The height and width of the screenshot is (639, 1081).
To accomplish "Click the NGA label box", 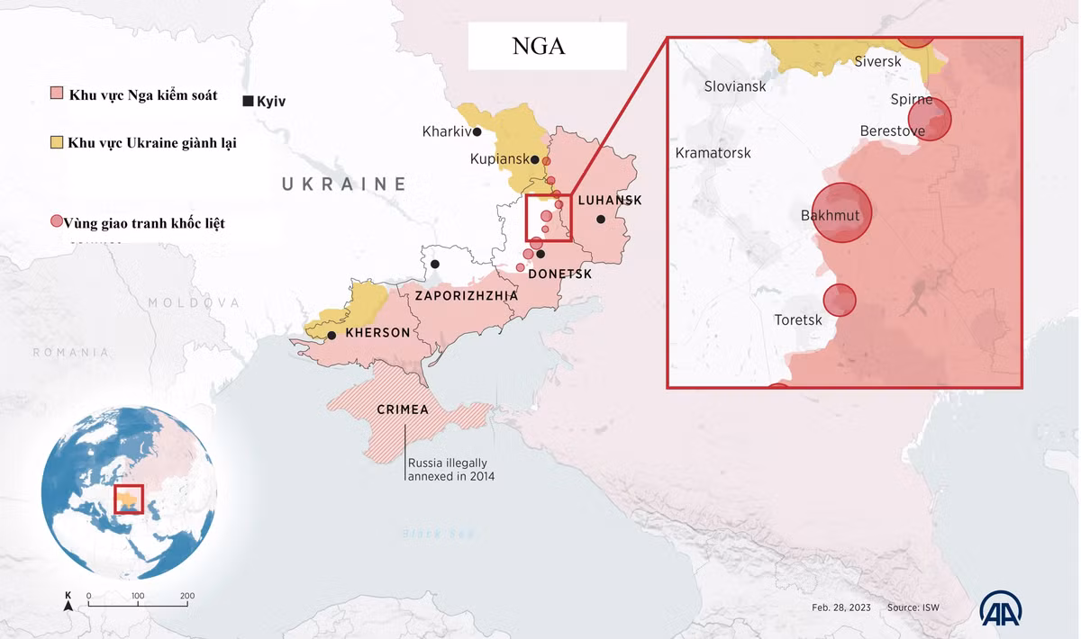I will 546,47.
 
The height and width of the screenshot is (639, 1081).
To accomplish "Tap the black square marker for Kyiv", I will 248,101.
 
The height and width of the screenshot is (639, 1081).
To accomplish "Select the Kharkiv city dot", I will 477,132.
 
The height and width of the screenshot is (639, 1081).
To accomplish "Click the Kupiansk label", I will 499,159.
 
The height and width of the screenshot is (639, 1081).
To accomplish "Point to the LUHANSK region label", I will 610,200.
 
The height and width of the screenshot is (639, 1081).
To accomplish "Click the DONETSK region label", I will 559,274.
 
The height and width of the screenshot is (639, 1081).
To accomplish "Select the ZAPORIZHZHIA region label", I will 466,295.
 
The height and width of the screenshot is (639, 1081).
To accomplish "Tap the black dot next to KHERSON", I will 332,336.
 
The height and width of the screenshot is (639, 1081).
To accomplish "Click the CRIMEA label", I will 403,409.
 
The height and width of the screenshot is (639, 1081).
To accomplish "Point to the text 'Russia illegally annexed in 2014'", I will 450,470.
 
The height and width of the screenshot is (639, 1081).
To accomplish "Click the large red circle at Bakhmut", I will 842,213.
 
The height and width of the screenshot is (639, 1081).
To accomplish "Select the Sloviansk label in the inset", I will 735,86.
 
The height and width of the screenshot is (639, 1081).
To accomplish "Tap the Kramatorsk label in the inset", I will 713,153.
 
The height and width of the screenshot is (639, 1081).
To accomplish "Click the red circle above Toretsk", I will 840,300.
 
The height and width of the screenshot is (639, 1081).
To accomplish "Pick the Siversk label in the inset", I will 877,61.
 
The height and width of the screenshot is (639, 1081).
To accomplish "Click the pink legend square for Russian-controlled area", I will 56,94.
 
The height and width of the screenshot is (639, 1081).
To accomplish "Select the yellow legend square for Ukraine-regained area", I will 56,142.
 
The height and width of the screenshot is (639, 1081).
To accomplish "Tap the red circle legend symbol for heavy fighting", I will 57,221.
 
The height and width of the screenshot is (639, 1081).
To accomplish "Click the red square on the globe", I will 129,499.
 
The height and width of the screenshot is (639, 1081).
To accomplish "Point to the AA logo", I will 1000,610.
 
